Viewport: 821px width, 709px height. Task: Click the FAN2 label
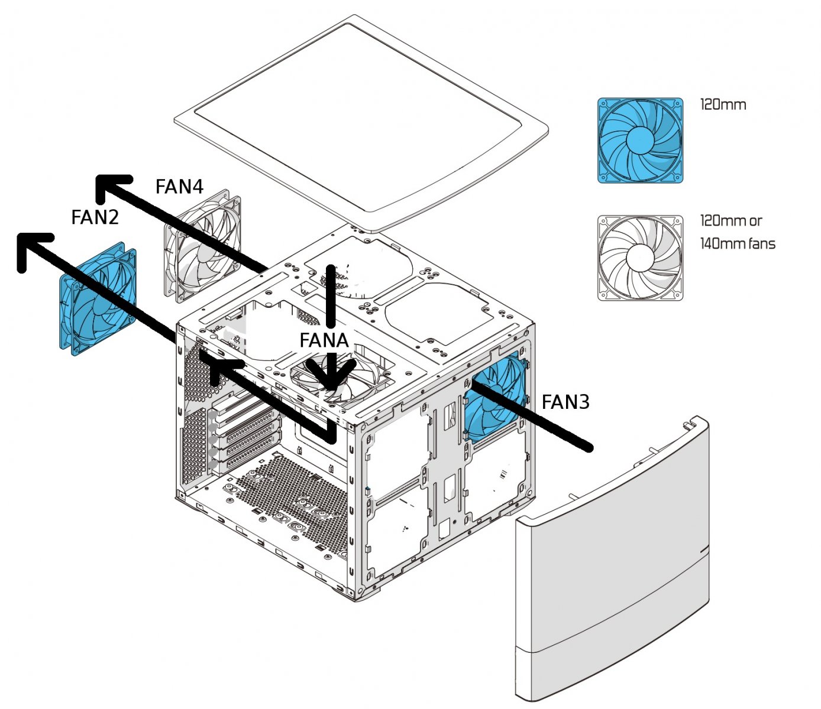[x=95, y=217]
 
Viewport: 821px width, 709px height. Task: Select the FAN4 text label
[x=179, y=187]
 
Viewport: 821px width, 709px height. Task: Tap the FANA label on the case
[x=324, y=340]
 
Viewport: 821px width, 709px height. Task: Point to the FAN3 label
[x=565, y=402]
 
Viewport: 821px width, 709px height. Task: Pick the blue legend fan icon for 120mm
[x=640, y=140]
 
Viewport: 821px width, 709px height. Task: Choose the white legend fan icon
[x=640, y=258]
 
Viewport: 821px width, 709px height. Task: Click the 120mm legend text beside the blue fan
[x=723, y=105]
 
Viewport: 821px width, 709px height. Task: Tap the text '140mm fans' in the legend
[x=737, y=243]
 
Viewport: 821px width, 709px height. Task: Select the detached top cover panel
[x=367, y=118]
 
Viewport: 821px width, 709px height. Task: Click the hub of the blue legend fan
[x=639, y=140]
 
